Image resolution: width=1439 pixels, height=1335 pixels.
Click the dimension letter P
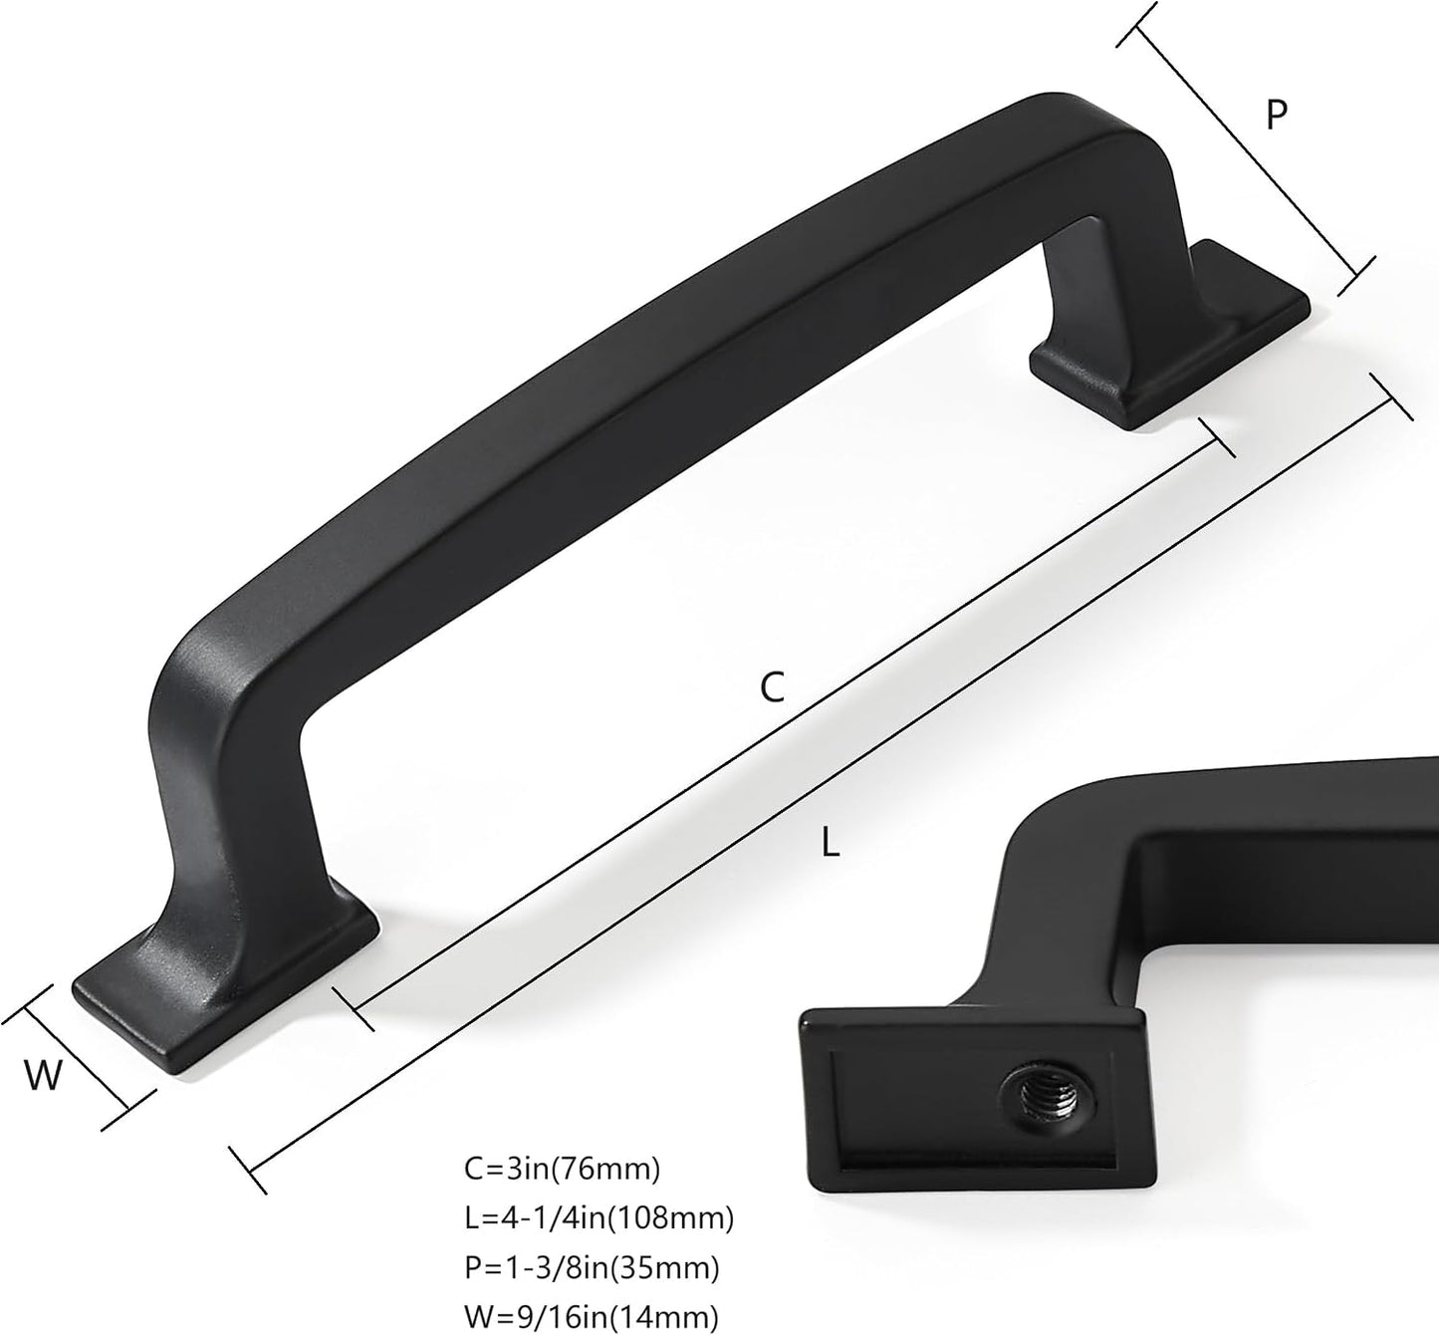click(1277, 115)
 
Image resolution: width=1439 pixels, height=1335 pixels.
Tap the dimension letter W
click(44, 1075)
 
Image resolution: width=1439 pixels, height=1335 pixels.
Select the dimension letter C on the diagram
click(773, 687)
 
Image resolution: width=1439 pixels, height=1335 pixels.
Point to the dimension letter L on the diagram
click(831, 844)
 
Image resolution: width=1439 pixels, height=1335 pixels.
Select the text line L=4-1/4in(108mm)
click(600, 1218)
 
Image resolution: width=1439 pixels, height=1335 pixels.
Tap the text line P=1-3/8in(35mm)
click(592, 1267)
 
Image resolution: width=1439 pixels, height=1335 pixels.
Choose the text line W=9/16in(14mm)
click(592, 1316)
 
